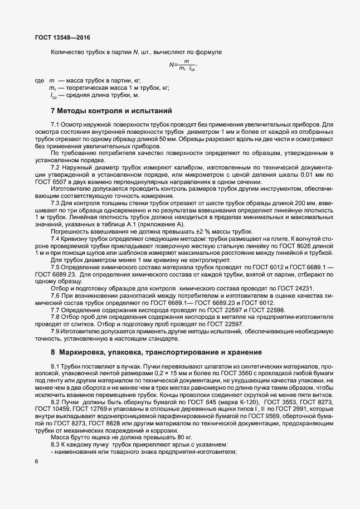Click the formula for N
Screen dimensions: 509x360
coord(184,66)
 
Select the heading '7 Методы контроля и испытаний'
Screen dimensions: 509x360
coord(112,110)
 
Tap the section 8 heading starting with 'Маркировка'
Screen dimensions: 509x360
coord(147,352)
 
